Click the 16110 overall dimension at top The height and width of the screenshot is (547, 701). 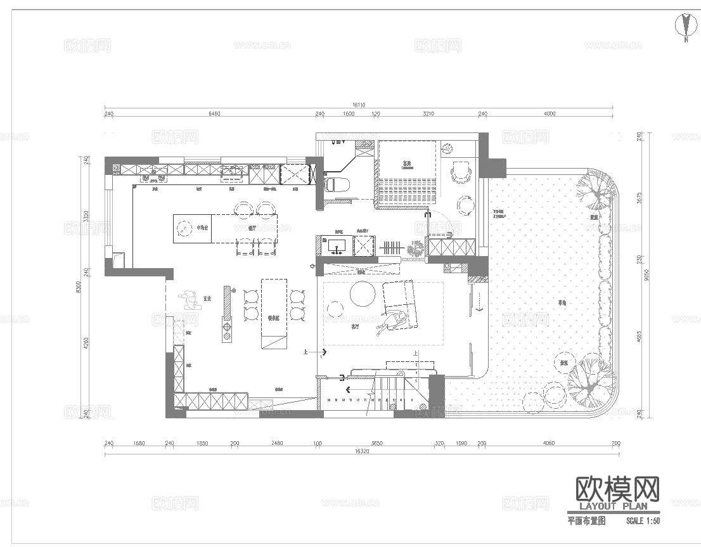coord(359,105)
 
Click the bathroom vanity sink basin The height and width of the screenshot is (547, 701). coord(335,244)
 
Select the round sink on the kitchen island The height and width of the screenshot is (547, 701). coord(184,228)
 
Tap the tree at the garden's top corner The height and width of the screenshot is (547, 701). coord(596,191)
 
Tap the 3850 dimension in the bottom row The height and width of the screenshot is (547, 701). coord(377,443)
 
